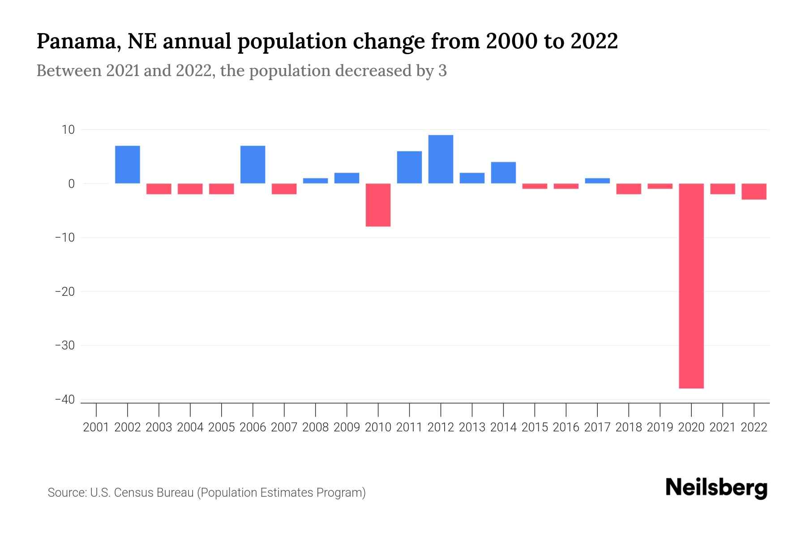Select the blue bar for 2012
point(441,159)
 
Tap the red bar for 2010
point(378,205)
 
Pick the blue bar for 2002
point(128,165)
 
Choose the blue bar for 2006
point(253,165)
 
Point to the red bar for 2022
point(754,192)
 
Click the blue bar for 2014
point(503,173)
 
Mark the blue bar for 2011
point(409,167)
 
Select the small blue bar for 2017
point(597,181)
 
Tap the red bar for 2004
point(190,189)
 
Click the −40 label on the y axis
point(64,400)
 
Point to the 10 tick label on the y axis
point(68,130)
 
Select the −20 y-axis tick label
point(64,292)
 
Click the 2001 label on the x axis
point(96,427)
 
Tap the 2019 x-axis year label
point(660,427)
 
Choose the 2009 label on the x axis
point(347,427)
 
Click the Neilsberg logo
point(716,488)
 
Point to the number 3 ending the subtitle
point(442,71)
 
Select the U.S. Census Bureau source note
point(206,493)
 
